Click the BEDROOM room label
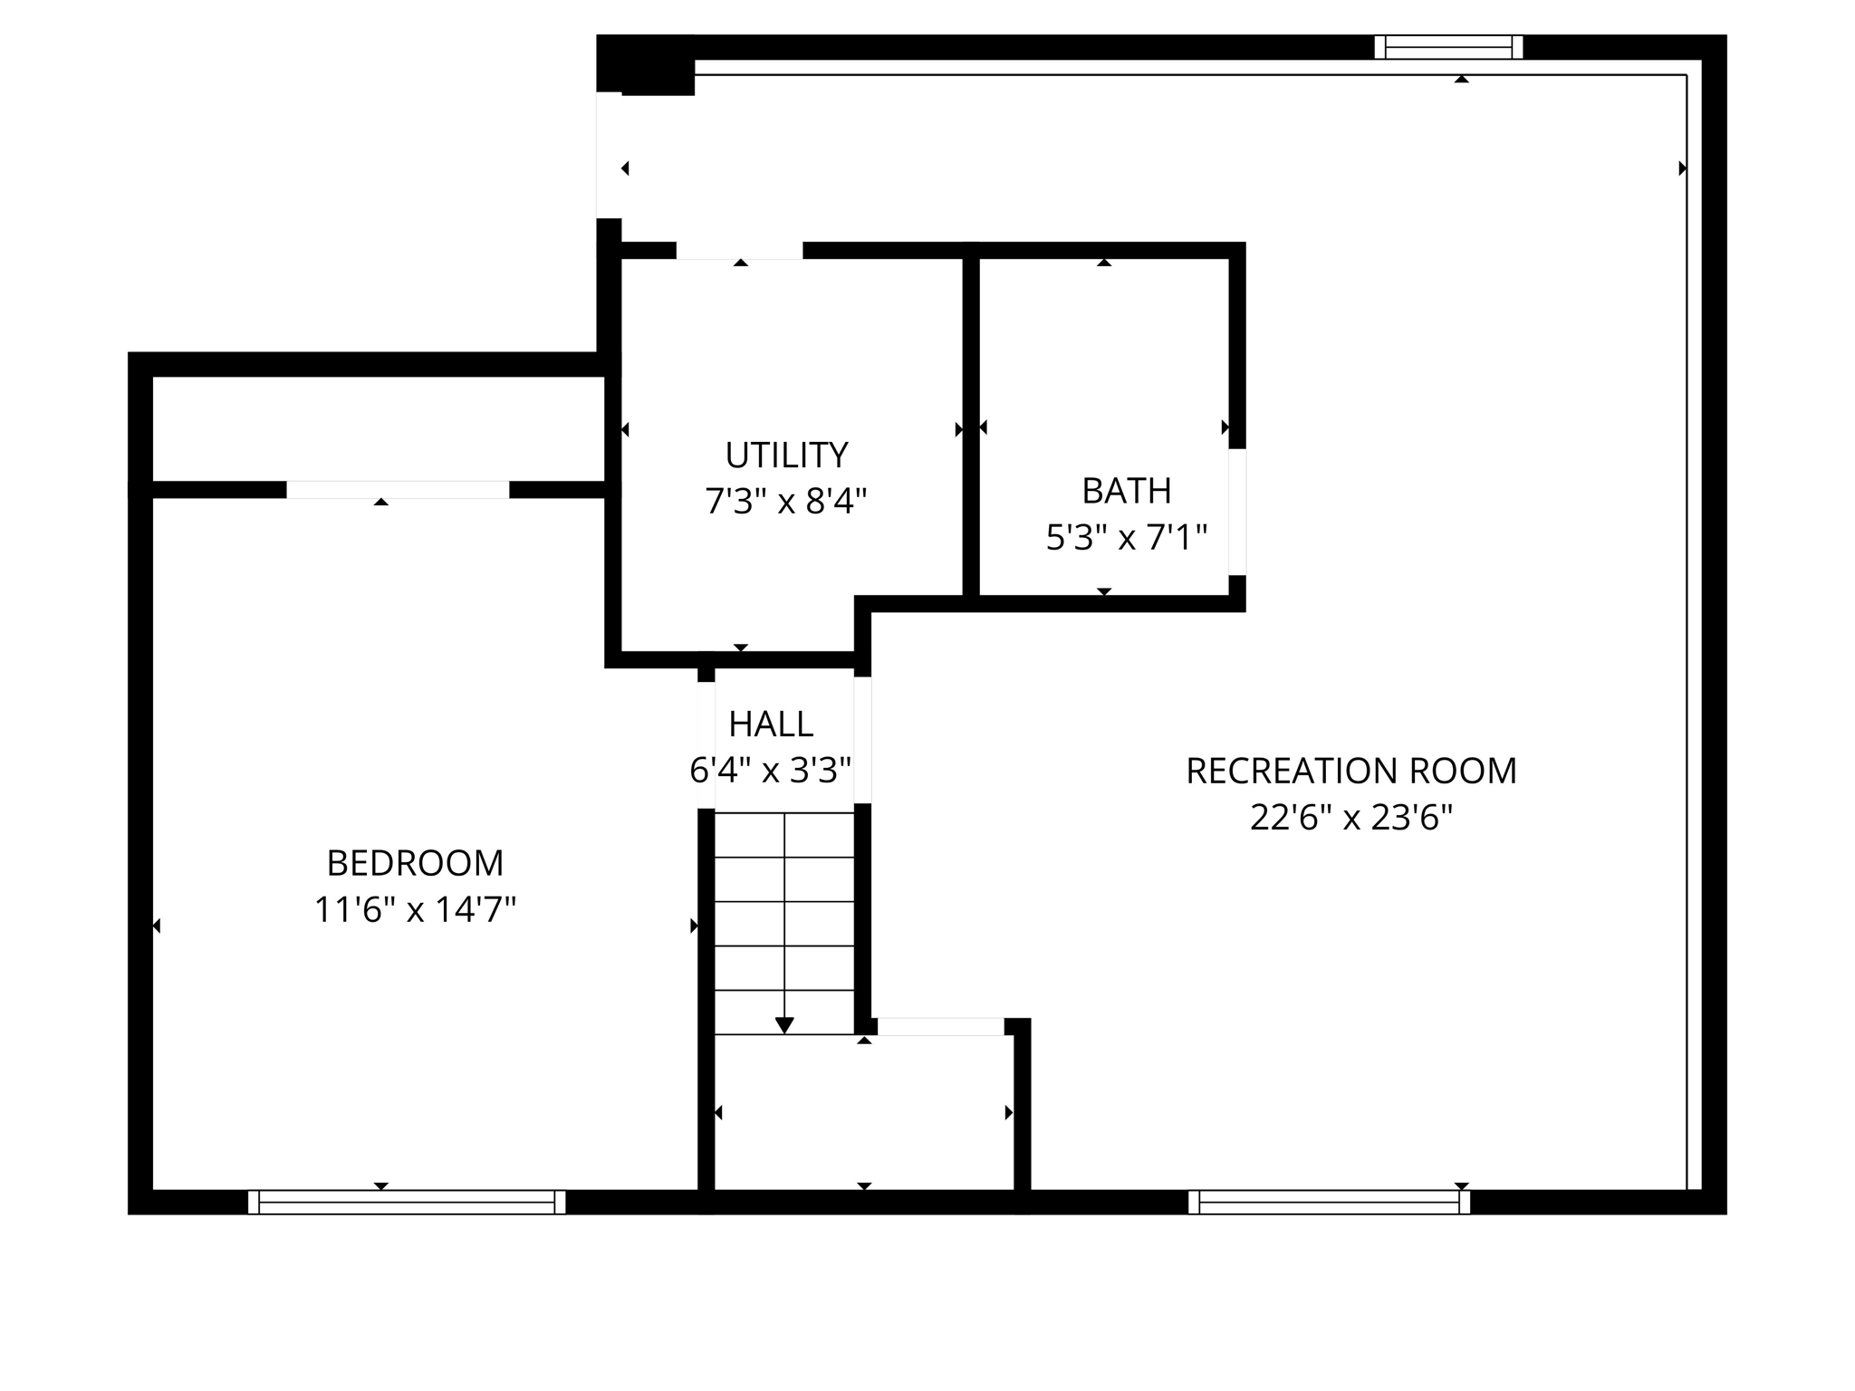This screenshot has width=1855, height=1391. coord(415,863)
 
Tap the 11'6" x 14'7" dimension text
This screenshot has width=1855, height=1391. coord(415,909)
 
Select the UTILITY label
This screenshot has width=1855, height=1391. coord(786,455)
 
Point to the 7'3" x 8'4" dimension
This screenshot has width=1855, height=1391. coord(786,501)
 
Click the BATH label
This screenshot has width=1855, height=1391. coord(1126,491)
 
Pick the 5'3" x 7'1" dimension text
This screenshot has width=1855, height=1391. coord(1126,538)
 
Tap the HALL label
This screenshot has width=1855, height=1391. coord(771,724)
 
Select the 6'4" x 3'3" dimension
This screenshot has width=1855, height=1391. coord(771,771)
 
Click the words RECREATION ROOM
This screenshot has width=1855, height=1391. coord(1350,771)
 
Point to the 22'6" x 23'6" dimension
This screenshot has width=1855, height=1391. coord(1350,818)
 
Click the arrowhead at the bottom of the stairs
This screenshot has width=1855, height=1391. coord(784,1024)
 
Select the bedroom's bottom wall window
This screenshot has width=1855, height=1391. coord(407,1202)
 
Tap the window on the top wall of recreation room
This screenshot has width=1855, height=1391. coord(1448,47)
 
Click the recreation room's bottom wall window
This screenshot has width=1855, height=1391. coord(1329,1202)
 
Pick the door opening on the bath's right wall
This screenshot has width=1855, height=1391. coord(1237,512)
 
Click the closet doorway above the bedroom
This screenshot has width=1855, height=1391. coord(398,490)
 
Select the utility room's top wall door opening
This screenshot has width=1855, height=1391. coord(739,251)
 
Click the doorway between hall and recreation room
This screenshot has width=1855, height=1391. coord(863,740)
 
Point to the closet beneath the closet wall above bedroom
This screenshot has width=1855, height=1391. coord(378,428)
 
